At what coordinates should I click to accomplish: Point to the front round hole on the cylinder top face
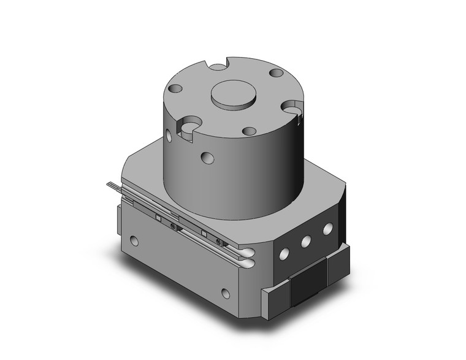click(249, 131)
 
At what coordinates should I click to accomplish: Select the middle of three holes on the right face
click(305, 241)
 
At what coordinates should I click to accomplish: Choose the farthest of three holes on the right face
click(327, 229)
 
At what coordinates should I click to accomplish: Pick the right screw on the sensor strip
click(218, 242)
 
